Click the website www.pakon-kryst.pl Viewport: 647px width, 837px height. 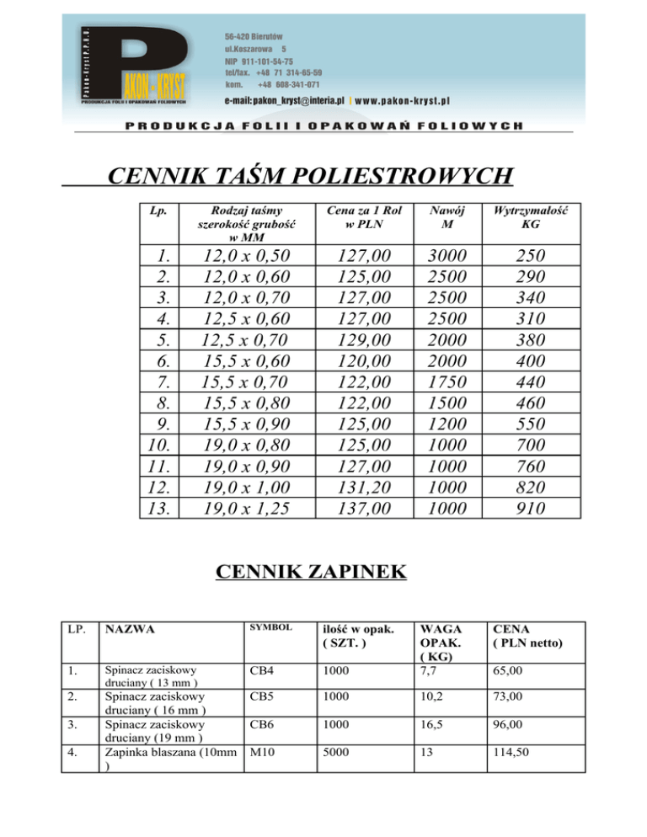403,100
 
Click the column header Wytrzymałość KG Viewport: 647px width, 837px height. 532,217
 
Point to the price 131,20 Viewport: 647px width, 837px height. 362,488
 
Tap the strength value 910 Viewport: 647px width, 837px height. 532,509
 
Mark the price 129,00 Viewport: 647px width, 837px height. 362,340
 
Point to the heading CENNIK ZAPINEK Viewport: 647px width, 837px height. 311,573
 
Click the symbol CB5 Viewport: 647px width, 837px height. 260,697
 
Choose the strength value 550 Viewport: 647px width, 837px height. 532,424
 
